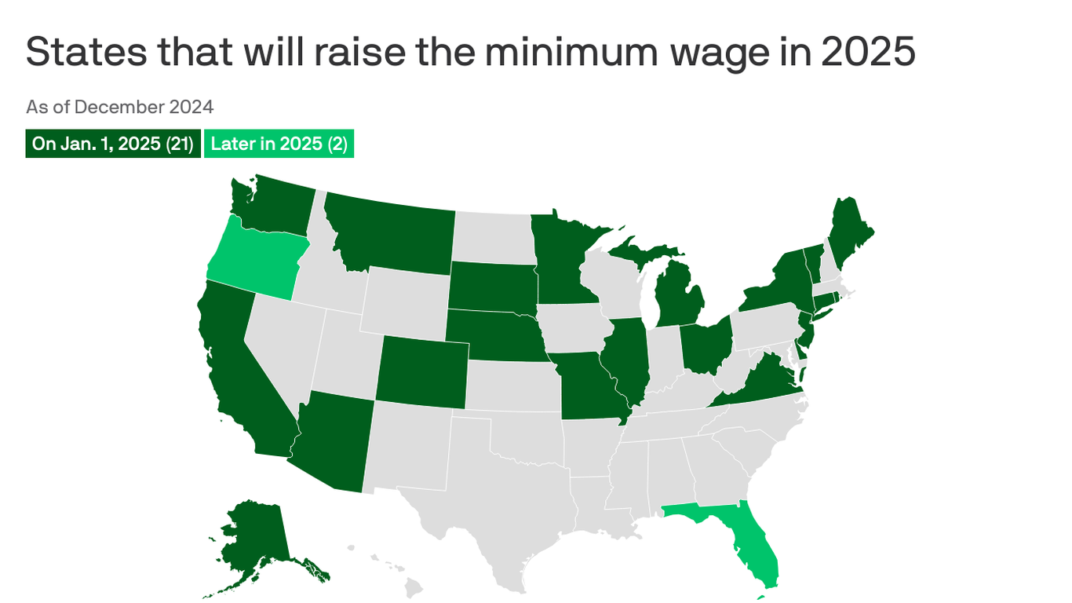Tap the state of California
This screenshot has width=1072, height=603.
(235, 369)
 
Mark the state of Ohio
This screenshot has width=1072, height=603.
(705, 345)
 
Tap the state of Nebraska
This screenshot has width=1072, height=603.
(494, 334)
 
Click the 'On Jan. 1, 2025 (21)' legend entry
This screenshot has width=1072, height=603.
(113, 144)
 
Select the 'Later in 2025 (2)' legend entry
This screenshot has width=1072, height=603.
(279, 144)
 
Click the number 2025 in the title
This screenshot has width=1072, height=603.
(868, 52)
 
